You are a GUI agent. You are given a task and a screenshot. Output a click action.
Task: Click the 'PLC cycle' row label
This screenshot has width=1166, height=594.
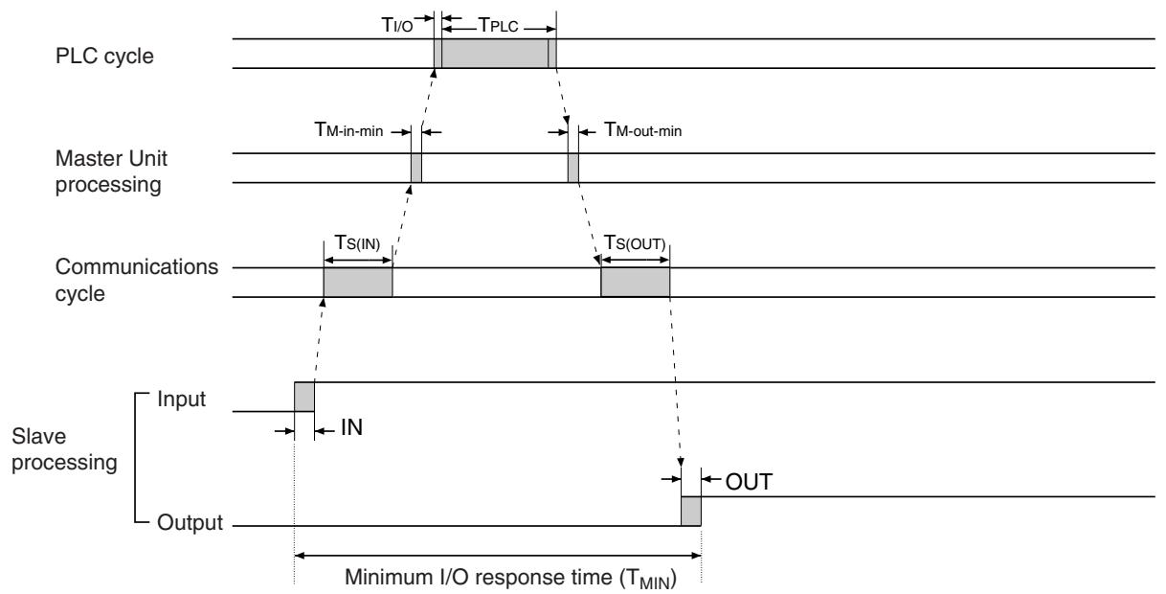click(104, 57)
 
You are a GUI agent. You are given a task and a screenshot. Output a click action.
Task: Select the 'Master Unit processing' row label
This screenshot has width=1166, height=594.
click(111, 171)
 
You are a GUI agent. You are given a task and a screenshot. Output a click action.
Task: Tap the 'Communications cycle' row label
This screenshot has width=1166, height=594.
click(136, 280)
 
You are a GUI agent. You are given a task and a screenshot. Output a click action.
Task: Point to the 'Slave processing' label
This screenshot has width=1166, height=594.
click(64, 449)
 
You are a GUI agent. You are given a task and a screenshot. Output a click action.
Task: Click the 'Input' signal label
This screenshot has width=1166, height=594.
click(181, 400)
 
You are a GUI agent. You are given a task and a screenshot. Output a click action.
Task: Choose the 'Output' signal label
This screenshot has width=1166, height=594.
click(190, 522)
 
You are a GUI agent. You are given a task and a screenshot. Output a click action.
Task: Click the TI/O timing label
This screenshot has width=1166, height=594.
click(397, 25)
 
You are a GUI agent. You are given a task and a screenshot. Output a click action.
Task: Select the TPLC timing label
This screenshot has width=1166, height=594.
click(498, 25)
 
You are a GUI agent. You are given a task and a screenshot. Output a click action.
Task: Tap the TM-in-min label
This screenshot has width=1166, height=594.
click(348, 129)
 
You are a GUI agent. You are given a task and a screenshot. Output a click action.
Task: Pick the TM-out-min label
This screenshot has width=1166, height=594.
click(643, 129)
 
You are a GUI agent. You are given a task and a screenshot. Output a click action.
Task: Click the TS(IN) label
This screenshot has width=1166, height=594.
click(357, 242)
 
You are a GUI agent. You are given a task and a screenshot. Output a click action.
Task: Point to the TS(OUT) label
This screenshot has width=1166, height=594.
click(635, 242)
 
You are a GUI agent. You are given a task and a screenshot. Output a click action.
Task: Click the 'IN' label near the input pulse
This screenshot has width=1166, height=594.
click(352, 428)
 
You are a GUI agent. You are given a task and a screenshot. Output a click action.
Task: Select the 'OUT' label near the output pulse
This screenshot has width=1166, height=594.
click(749, 482)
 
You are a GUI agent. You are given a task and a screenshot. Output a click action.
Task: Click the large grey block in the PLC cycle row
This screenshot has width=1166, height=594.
click(495, 53)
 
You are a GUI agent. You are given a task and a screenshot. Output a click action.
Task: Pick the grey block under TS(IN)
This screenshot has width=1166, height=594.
click(358, 283)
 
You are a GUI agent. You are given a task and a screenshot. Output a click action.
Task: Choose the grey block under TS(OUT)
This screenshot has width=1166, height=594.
click(636, 283)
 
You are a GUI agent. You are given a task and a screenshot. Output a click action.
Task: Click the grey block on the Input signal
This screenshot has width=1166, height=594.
click(304, 397)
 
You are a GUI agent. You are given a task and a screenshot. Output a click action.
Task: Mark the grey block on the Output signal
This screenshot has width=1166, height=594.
click(691, 512)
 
